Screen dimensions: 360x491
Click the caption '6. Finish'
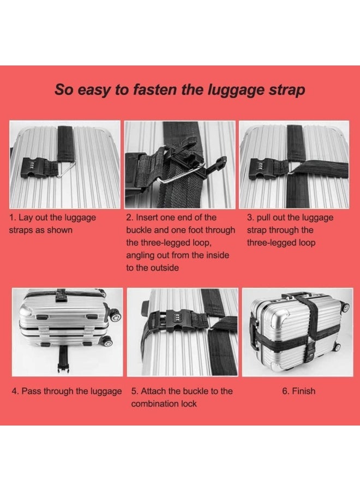(299, 391)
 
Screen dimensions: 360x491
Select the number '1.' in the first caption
(13, 217)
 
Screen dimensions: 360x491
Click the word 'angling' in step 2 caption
(140, 256)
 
